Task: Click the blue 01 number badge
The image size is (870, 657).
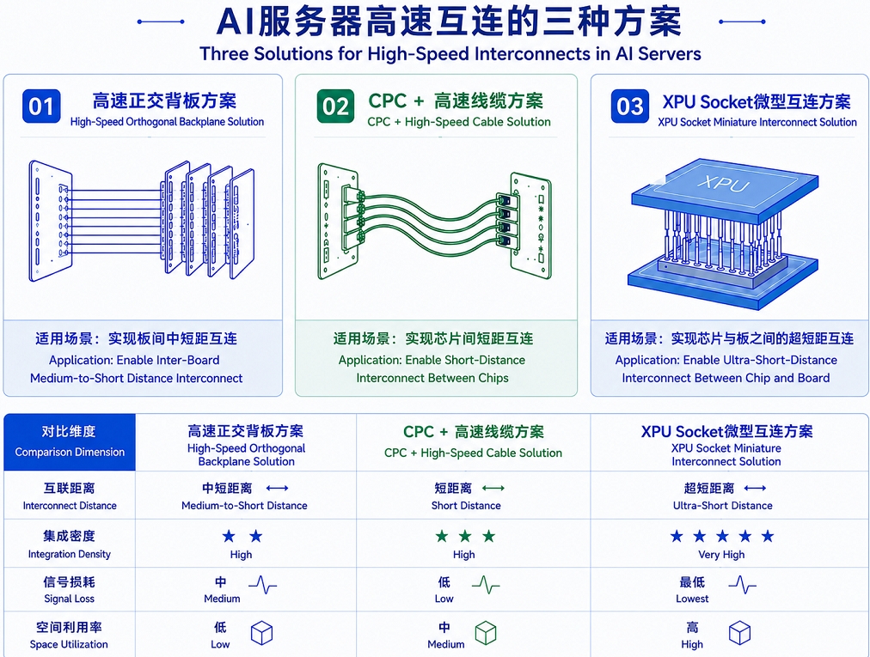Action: (x=41, y=106)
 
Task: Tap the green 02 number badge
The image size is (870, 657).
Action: (x=335, y=106)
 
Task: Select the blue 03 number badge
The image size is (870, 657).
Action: (x=629, y=106)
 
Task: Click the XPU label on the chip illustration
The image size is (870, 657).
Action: (x=723, y=183)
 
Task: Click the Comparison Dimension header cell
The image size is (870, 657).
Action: (x=70, y=442)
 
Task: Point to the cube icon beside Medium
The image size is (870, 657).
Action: (x=486, y=633)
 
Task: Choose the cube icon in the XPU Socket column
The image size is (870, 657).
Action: (x=739, y=633)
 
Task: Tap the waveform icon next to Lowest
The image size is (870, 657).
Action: (x=742, y=585)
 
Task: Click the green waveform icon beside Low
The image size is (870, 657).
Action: (x=486, y=585)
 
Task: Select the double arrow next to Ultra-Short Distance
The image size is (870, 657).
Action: (x=755, y=488)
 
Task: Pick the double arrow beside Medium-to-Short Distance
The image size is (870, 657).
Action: (x=277, y=488)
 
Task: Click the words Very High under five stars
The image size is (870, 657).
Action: (x=721, y=555)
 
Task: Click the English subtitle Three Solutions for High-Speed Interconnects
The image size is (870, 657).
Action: (x=450, y=54)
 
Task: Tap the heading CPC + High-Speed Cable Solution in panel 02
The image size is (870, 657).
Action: (x=459, y=122)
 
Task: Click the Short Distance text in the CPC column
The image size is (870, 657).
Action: (x=466, y=506)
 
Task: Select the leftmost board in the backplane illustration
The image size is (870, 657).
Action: (x=51, y=221)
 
